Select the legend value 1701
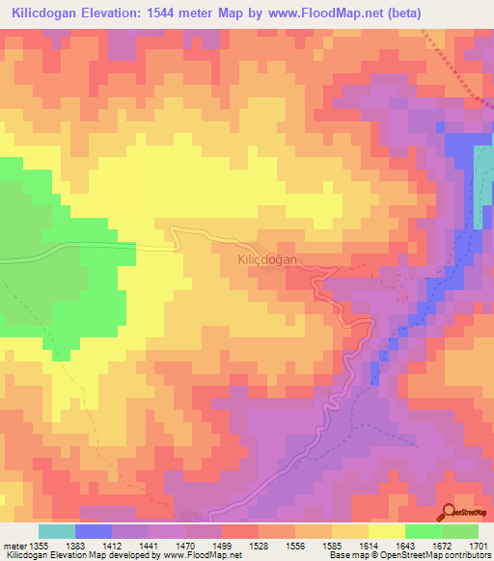tap(478, 547)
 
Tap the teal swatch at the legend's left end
tap(57, 531)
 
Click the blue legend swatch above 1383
tap(94, 531)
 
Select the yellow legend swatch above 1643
tap(386, 531)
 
